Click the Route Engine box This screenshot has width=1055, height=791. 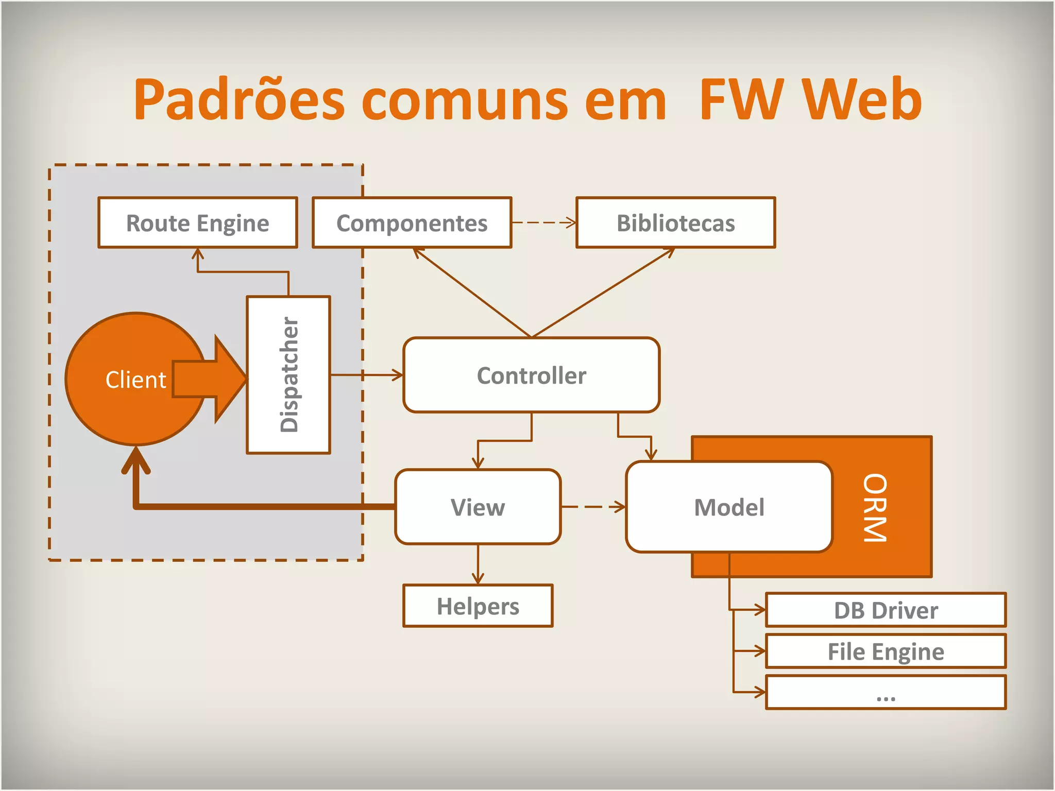point(197,222)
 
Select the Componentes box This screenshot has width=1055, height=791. point(412,222)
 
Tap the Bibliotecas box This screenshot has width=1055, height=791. point(675,222)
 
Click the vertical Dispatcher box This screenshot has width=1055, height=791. point(288,374)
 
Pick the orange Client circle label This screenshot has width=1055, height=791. point(135,380)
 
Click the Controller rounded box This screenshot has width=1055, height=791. point(531,375)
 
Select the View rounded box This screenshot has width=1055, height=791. point(478,507)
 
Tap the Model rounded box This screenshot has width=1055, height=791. point(729,507)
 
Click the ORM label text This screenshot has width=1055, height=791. point(875,507)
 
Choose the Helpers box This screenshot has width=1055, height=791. point(478,606)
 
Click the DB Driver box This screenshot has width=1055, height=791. point(886,610)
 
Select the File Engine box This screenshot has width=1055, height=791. point(886,651)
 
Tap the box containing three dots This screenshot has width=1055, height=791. point(886,693)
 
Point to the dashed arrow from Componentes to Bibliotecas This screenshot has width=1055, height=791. point(543,222)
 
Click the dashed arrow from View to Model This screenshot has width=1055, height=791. point(592,507)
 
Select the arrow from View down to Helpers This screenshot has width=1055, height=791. point(478,564)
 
